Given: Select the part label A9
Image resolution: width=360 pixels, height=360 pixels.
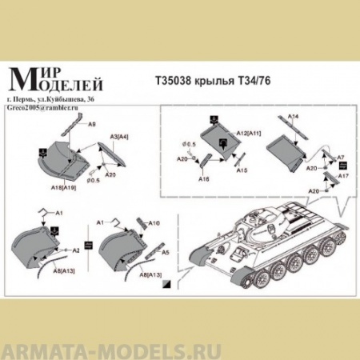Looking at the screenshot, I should point(92,126).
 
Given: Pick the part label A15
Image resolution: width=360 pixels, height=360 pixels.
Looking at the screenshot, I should point(242,170).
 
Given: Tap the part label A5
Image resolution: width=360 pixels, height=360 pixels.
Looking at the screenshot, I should point(165,252).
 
